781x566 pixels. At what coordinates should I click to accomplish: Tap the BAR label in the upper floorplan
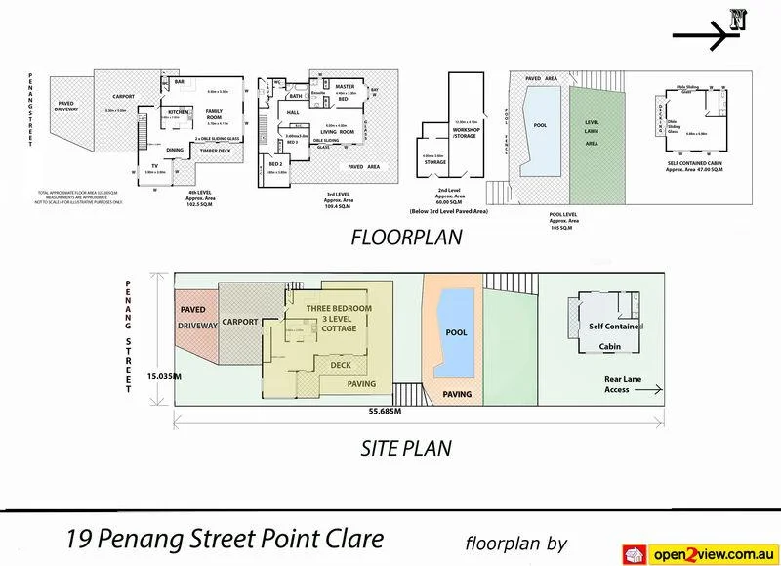coord(180,82)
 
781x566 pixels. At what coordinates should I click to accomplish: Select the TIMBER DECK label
coord(215,152)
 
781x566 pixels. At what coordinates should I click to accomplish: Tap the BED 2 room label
coord(275,163)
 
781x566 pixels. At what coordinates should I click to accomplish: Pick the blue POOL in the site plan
coord(457,333)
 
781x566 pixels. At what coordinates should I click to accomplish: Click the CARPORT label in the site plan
coord(241,320)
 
